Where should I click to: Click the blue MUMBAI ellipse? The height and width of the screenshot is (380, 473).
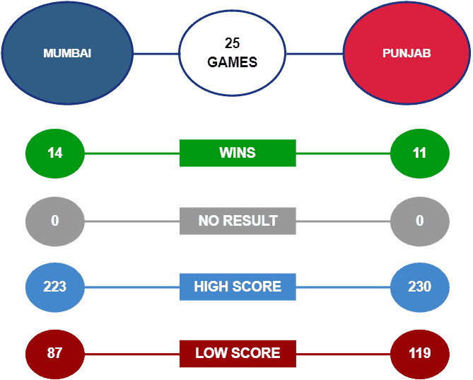tap(67, 53)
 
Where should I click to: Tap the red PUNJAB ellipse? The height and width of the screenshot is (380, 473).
tap(407, 53)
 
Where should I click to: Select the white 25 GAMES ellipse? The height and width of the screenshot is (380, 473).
tap(233, 53)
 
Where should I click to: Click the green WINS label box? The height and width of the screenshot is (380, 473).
tap(238, 153)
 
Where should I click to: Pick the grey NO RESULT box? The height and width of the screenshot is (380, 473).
tap(238, 221)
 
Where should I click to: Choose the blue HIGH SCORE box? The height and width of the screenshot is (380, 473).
tap(238, 287)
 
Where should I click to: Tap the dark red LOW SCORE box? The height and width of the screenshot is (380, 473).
tap(238, 353)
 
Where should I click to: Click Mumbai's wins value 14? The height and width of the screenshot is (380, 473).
tap(55, 154)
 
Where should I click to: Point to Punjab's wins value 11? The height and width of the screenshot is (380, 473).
tap(419, 154)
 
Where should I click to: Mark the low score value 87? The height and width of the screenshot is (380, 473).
tap(55, 354)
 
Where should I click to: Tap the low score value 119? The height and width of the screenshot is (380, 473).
tap(419, 354)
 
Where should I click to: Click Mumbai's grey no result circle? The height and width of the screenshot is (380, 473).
tap(55, 221)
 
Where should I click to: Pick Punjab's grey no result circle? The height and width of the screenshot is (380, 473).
tap(419, 221)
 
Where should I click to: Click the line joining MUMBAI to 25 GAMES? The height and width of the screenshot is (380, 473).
tap(156, 54)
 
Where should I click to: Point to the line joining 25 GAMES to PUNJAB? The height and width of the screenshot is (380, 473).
tap(315, 54)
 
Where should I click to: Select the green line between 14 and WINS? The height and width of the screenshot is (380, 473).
tap(132, 154)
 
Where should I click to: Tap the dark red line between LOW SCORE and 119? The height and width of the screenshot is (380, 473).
tap(344, 354)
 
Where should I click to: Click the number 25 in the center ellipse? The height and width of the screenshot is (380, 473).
tap(233, 43)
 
